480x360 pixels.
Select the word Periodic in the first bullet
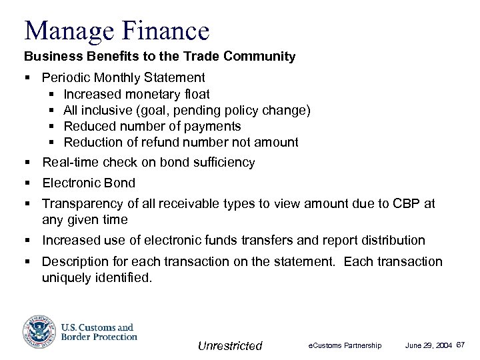tap(65, 77)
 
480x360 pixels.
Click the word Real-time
tap(70, 162)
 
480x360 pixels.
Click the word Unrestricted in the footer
tap(230, 345)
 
